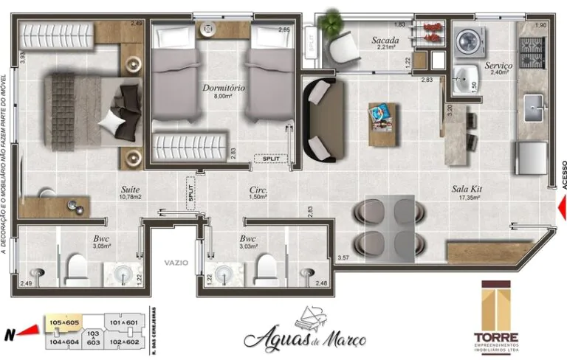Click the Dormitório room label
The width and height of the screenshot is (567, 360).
224,89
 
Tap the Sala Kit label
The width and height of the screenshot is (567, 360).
467,188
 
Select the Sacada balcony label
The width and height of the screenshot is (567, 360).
385,41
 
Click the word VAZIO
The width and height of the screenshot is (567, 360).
176,263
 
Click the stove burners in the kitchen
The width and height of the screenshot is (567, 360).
532,49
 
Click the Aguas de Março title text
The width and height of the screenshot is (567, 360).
304,336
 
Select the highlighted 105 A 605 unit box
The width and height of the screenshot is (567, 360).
63,322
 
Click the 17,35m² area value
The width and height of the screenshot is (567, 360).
467,198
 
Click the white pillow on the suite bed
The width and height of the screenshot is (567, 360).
113,121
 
